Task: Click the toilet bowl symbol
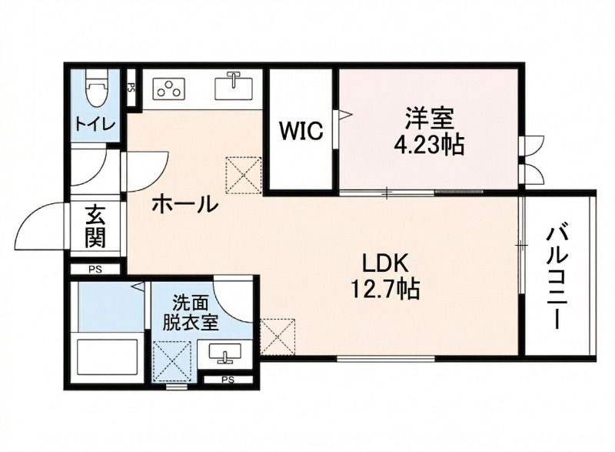click(x=96, y=91)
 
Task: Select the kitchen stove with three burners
click(x=170, y=89)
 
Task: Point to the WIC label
click(x=301, y=131)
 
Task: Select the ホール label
click(x=184, y=205)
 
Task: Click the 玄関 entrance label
click(x=95, y=225)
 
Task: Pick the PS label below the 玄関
click(x=95, y=270)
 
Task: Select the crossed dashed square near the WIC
click(x=245, y=175)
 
